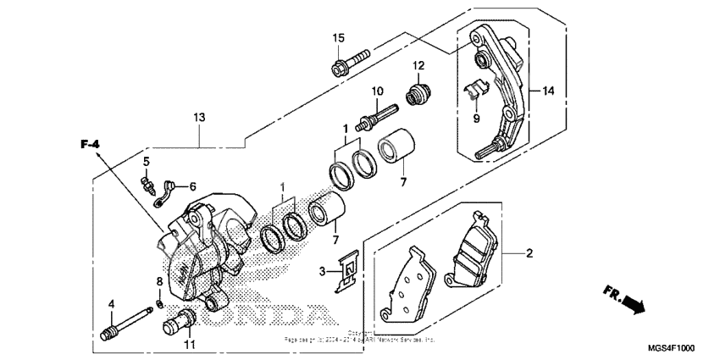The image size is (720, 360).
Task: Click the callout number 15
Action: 338,38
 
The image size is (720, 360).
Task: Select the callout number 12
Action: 418,66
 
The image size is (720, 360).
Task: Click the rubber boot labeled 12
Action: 417,93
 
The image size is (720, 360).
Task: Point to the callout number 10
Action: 377,91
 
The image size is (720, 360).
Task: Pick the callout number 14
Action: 548,91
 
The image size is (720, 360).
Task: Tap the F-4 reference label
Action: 90,146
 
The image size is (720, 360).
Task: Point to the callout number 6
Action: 192,186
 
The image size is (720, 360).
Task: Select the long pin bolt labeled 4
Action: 127,321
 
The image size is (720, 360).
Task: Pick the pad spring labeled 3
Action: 346,272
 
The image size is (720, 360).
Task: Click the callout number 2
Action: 529,252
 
